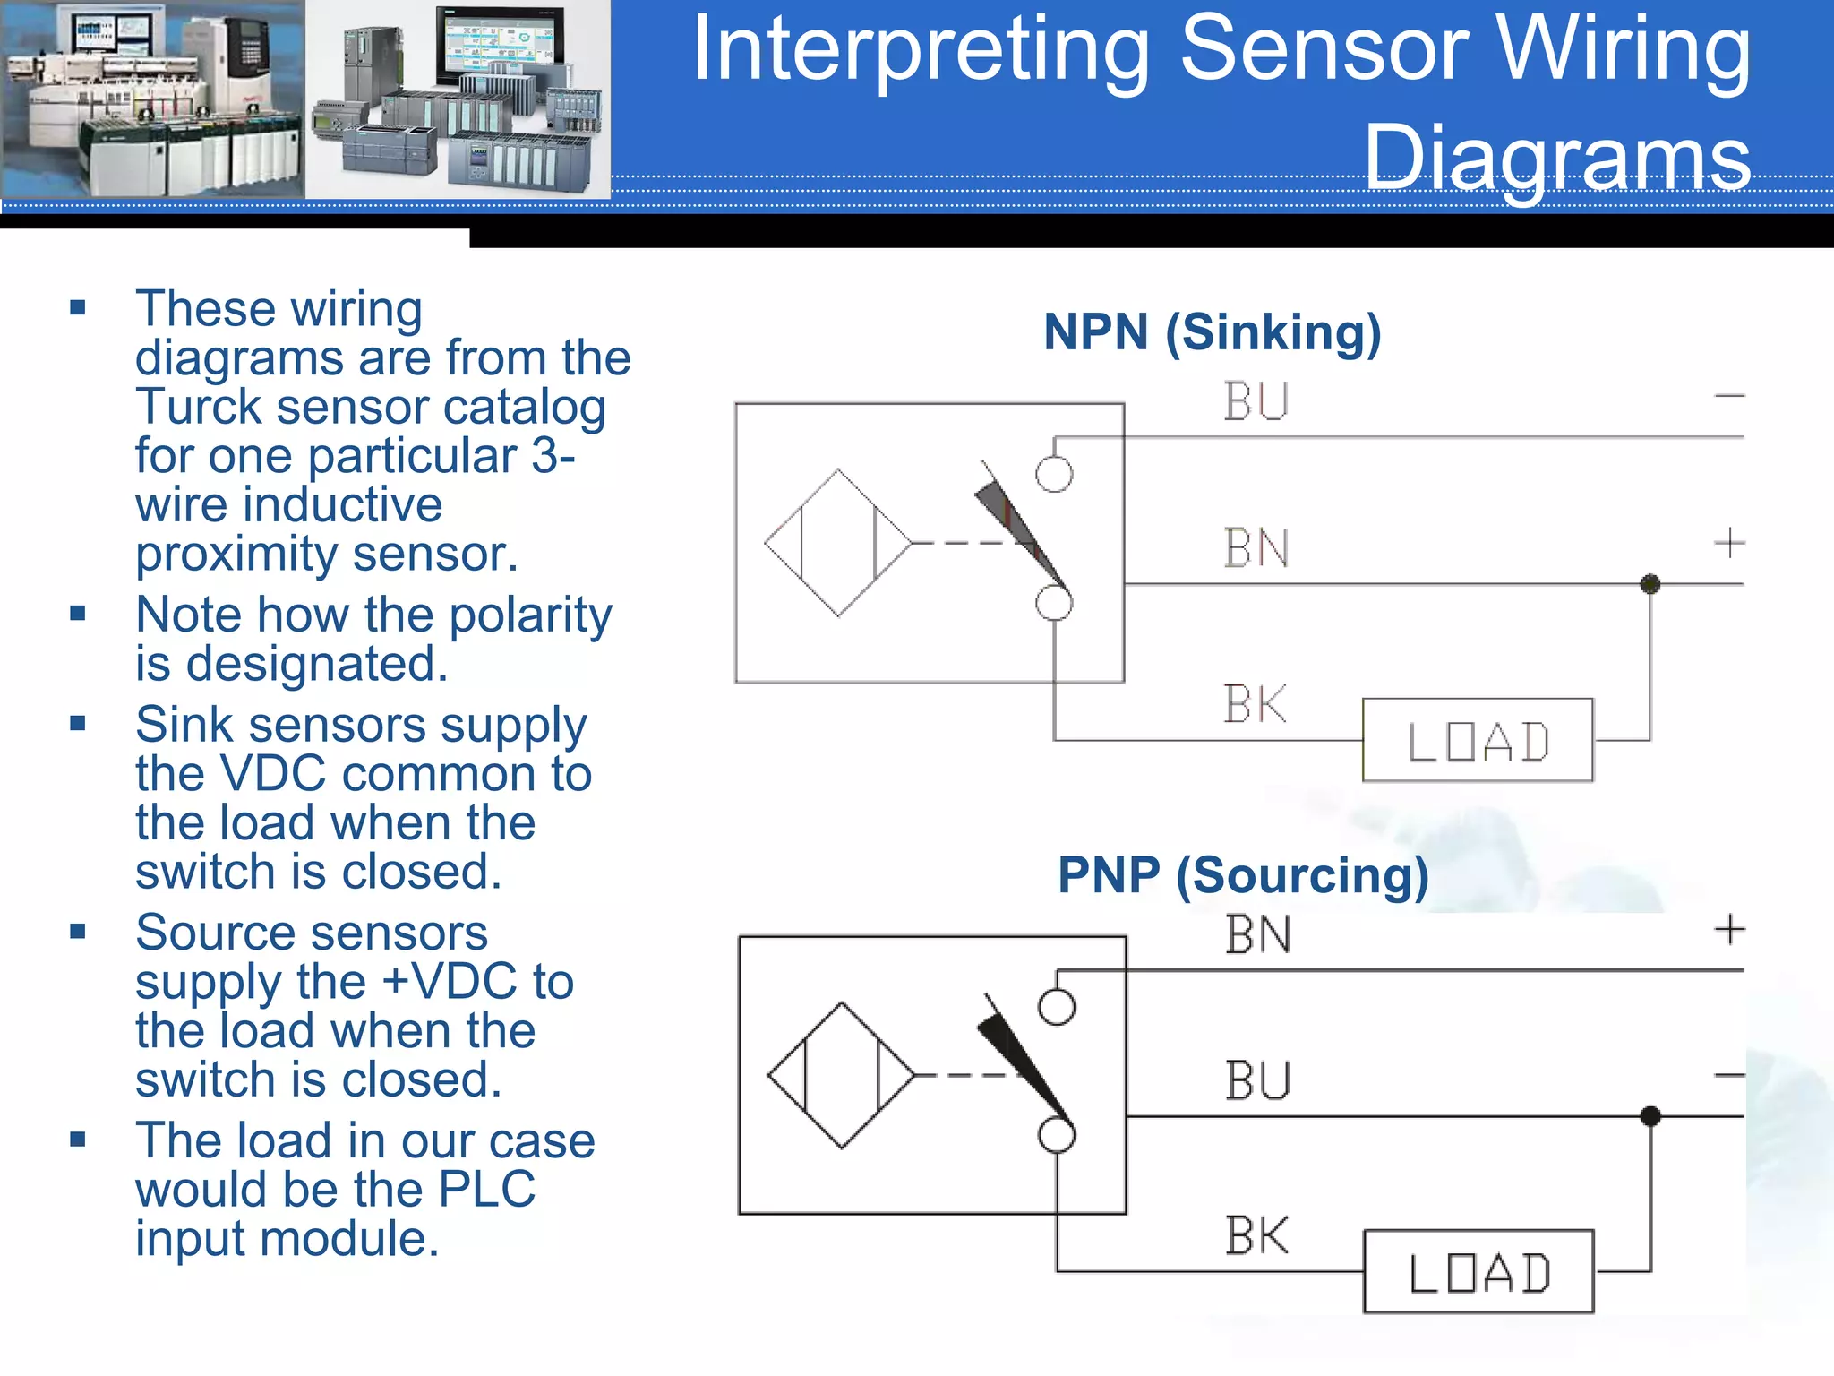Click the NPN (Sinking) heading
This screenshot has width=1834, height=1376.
point(1212,332)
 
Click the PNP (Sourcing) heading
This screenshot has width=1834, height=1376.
point(1243,875)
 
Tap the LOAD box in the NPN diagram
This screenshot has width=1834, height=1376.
point(1477,741)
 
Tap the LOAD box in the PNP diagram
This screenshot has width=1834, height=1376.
point(1478,1272)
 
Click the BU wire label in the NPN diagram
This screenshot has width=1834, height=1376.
point(1256,401)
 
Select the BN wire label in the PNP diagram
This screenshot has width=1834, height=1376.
point(1257,935)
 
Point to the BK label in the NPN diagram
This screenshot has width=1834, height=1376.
point(1255,704)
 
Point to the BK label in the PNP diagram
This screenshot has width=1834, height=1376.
point(1256,1236)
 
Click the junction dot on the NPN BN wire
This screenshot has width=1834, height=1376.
point(1650,584)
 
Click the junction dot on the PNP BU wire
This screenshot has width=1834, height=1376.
point(1650,1116)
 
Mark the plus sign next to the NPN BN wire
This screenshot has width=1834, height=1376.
point(1729,543)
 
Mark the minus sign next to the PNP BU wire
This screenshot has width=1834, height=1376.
point(1729,1075)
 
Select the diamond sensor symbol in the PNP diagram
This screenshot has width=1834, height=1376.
point(841,1075)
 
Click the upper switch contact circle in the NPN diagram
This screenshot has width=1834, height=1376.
point(1054,474)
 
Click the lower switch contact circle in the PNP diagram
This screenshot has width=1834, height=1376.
point(1057,1135)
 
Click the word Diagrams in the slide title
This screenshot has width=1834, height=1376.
point(1556,157)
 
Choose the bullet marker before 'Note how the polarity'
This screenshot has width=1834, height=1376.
point(78,614)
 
